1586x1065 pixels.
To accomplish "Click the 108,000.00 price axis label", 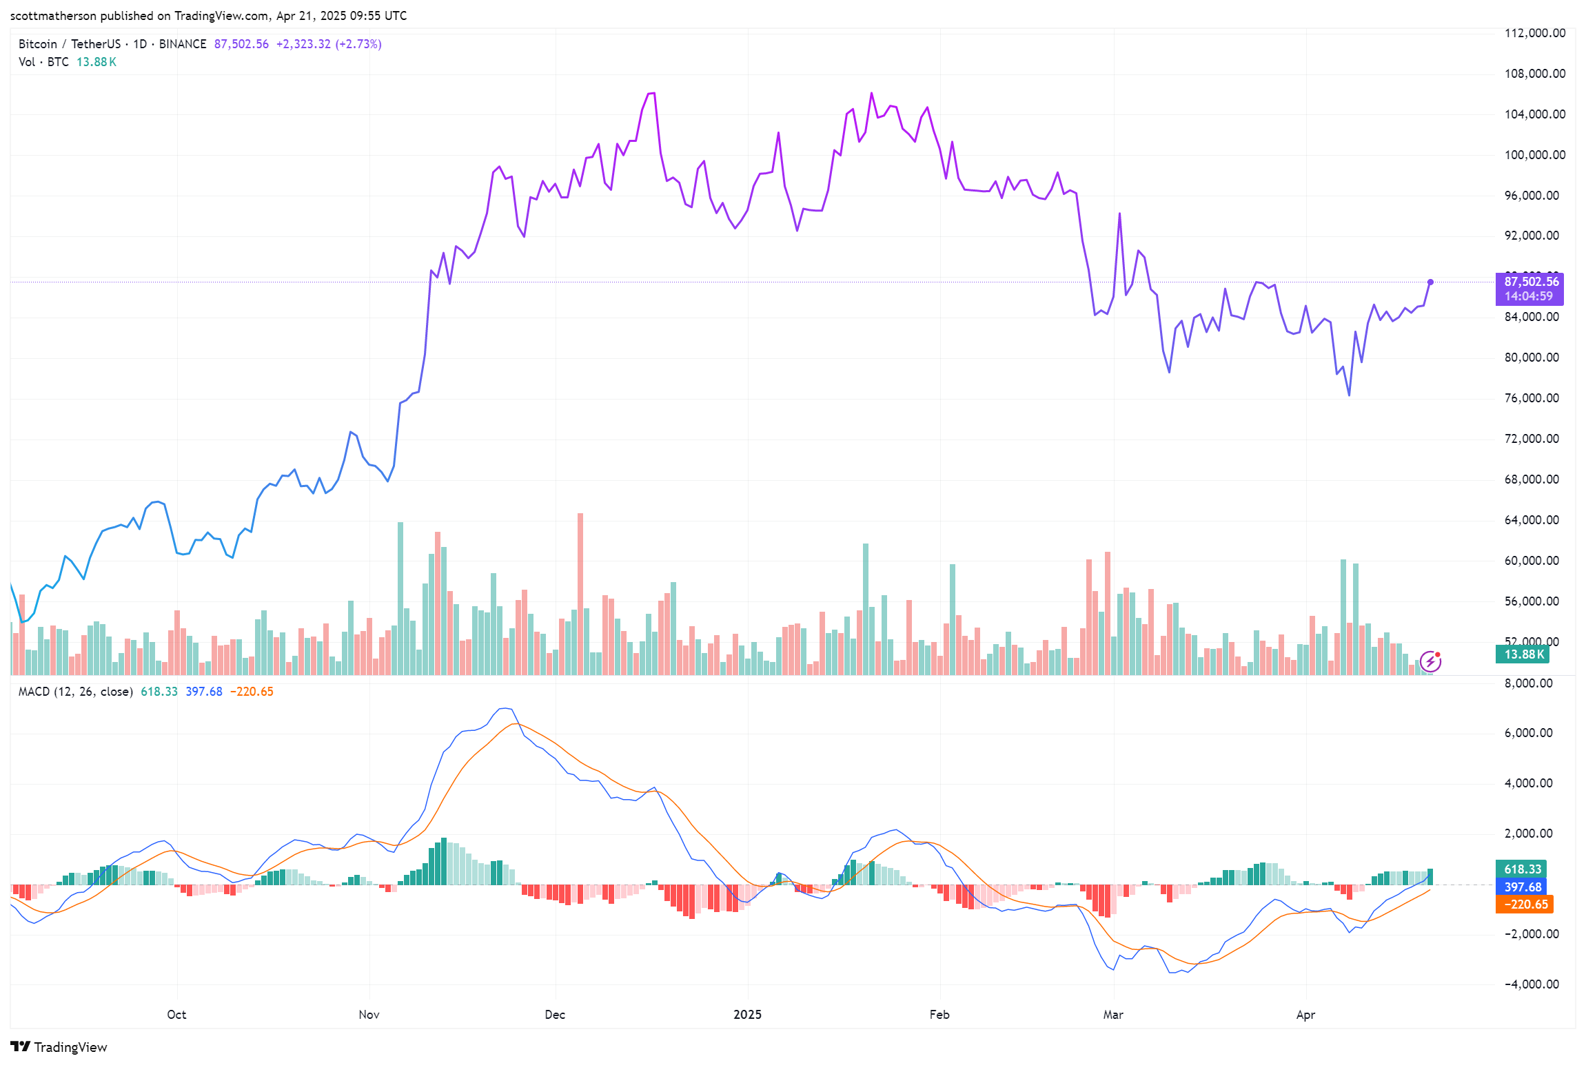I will [x=1534, y=74].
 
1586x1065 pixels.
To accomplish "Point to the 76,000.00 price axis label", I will [x=1531, y=398].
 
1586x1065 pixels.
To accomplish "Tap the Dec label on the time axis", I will [x=555, y=1015].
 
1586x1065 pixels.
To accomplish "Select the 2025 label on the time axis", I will [x=747, y=1015].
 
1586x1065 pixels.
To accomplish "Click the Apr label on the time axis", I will [x=1305, y=1015].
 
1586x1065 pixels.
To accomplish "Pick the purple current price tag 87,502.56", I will [x=1531, y=282].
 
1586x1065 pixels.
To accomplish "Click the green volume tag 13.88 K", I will [x=1523, y=654].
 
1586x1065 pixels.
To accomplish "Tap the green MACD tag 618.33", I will [x=1522, y=869].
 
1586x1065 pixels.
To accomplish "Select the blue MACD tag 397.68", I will [x=1522, y=887].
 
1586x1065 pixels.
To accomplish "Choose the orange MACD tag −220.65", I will [x=1525, y=904].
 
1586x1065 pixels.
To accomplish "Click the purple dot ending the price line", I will [x=1430, y=282].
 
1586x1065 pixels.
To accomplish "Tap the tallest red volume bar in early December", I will [x=580, y=592].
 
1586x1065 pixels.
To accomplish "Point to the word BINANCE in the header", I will [x=183, y=44].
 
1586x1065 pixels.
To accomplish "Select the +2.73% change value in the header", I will [x=358, y=44].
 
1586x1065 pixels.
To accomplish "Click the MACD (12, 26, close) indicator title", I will [x=75, y=692].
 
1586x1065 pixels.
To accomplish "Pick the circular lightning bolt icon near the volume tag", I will [x=1431, y=662].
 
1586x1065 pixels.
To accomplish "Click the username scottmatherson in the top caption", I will [x=53, y=16].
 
